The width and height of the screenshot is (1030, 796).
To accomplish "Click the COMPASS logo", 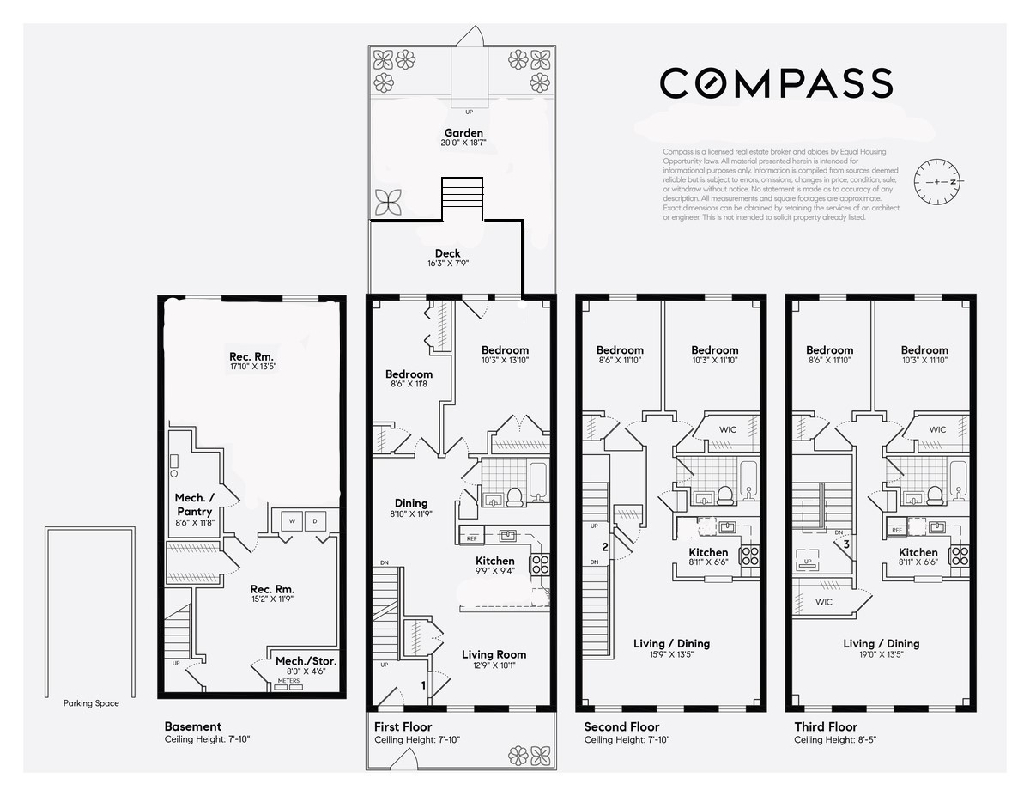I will [x=776, y=82].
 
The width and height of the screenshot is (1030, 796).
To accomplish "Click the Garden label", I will [x=463, y=133].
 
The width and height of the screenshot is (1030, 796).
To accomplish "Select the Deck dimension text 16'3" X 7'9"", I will [x=447, y=264].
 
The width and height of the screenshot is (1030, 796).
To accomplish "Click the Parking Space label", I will [x=91, y=703].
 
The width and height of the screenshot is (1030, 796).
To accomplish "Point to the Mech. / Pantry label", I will [x=194, y=505].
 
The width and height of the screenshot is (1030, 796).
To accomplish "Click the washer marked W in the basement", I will [x=291, y=521].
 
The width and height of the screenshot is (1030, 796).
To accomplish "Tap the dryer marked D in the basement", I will [x=313, y=521].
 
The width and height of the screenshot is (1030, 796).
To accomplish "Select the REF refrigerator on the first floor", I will [x=471, y=538].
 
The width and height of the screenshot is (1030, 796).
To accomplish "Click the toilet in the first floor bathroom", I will [x=515, y=496].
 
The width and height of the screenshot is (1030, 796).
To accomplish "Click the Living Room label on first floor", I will [x=494, y=654].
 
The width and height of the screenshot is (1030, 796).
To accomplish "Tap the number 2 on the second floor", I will [x=605, y=547].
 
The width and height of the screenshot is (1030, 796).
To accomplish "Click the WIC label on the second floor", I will [x=727, y=429].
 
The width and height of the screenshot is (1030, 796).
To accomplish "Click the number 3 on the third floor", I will [x=845, y=544].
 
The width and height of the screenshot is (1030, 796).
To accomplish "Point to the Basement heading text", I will [x=192, y=726].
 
